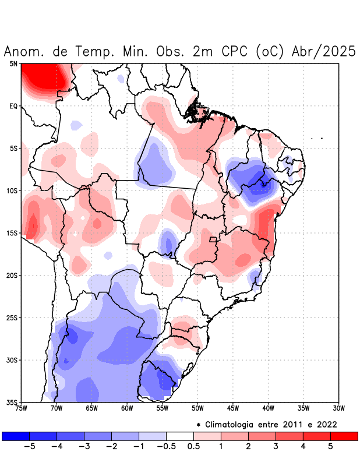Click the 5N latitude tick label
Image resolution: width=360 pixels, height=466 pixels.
coord(13,63)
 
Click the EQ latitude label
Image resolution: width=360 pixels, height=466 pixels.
coord(13,106)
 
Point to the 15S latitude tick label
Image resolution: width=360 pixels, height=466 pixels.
coord(12,233)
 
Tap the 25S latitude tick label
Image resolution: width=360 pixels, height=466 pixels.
coord(12,317)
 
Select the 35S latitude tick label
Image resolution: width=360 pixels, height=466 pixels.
coord(12,402)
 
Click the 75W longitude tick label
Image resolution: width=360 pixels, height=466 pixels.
coord(22,408)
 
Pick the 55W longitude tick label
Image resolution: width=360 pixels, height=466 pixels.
coord(163,408)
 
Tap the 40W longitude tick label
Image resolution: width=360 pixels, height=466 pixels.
coord(268,408)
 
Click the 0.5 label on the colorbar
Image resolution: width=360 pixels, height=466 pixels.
coord(193,447)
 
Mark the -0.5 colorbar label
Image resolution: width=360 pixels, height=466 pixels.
coord(166,447)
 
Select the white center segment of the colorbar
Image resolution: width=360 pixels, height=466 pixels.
coord(179,436)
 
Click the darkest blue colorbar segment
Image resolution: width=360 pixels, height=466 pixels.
coord(16,436)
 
